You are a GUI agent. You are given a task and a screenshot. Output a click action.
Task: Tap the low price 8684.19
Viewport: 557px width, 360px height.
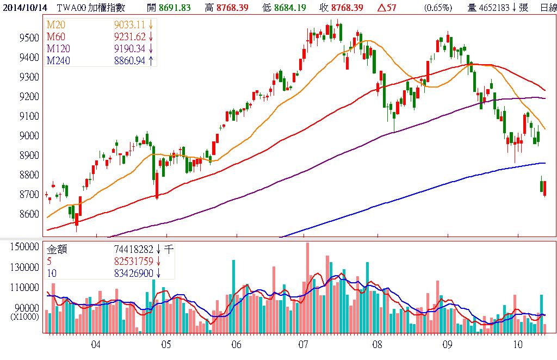coord(291,8)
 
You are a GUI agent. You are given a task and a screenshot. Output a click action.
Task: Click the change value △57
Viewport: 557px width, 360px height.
coord(384,8)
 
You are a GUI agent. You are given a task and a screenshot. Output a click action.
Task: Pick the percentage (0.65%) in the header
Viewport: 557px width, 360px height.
coord(438,8)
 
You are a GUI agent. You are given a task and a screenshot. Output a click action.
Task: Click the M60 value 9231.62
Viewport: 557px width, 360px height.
coord(129,37)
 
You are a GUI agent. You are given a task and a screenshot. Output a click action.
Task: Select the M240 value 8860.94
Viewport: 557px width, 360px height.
coord(129,61)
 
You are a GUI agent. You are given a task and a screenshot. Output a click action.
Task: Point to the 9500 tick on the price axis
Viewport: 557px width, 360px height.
coord(29,38)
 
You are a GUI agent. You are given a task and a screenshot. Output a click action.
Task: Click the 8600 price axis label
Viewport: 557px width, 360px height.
coord(29,214)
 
